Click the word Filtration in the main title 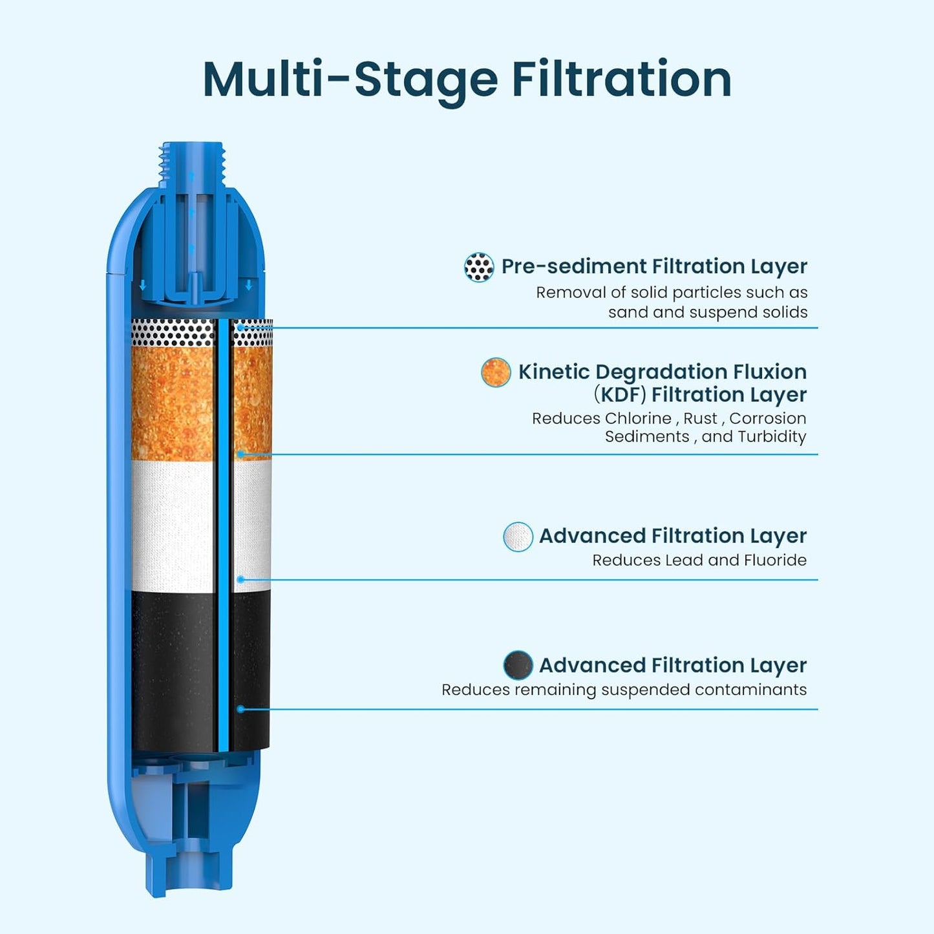point(621,80)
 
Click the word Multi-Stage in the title point(350,80)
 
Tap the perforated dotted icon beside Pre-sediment point(479,267)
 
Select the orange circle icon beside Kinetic point(496,373)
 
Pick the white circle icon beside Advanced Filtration point(518,536)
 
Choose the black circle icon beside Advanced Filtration point(518,666)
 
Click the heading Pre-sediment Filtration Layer point(654,266)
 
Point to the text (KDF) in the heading point(621,394)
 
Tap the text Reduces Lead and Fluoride point(699,560)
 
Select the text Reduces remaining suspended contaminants point(624,690)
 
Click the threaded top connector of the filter point(192,165)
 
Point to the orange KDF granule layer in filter point(173,404)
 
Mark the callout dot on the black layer point(240,709)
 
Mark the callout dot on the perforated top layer point(240,328)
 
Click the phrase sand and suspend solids point(708,312)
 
